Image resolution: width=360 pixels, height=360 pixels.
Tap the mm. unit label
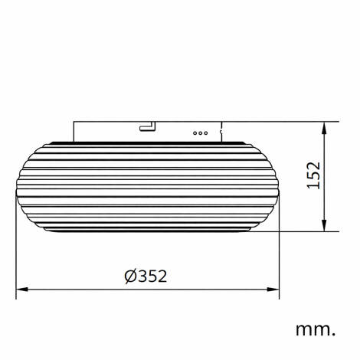(316, 329)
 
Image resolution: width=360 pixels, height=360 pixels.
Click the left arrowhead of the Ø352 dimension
(21, 290)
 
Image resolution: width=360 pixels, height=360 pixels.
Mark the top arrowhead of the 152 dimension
(328, 126)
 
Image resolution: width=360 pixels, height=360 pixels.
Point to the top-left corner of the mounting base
(74, 121)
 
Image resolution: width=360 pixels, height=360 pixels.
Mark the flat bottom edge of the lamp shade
(148, 231)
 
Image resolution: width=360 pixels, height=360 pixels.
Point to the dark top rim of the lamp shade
(148, 142)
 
